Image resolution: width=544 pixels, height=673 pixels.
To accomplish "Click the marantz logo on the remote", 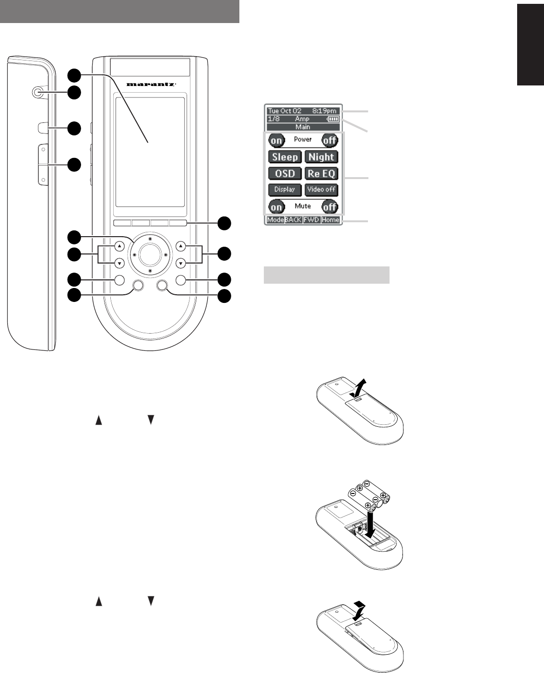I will [151, 84].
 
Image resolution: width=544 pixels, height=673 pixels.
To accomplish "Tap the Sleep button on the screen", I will [285, 157].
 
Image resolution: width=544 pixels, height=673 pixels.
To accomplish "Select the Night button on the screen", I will [321, 157].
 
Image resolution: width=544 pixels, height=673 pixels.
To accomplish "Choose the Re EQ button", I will [321, 173].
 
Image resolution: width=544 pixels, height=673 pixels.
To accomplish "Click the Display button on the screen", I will [284, 190].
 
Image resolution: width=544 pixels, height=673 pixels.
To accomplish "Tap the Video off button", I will [321, 190].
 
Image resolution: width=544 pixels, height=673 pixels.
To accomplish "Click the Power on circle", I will [276, 141].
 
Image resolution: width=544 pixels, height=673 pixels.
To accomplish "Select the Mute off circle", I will [330, 207].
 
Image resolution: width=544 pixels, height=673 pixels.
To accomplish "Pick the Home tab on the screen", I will [331, 220].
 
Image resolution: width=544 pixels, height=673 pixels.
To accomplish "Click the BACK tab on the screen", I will [293, 220].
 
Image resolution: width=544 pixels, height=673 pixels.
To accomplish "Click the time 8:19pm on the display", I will [324, 111].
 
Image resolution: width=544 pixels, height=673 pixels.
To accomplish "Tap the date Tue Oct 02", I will [284, 111].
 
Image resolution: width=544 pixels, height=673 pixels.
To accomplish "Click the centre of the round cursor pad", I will [150, 254].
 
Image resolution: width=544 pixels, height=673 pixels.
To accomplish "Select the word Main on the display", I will [303, 127].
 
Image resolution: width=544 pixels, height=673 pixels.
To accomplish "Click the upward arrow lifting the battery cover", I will [362, 386].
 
